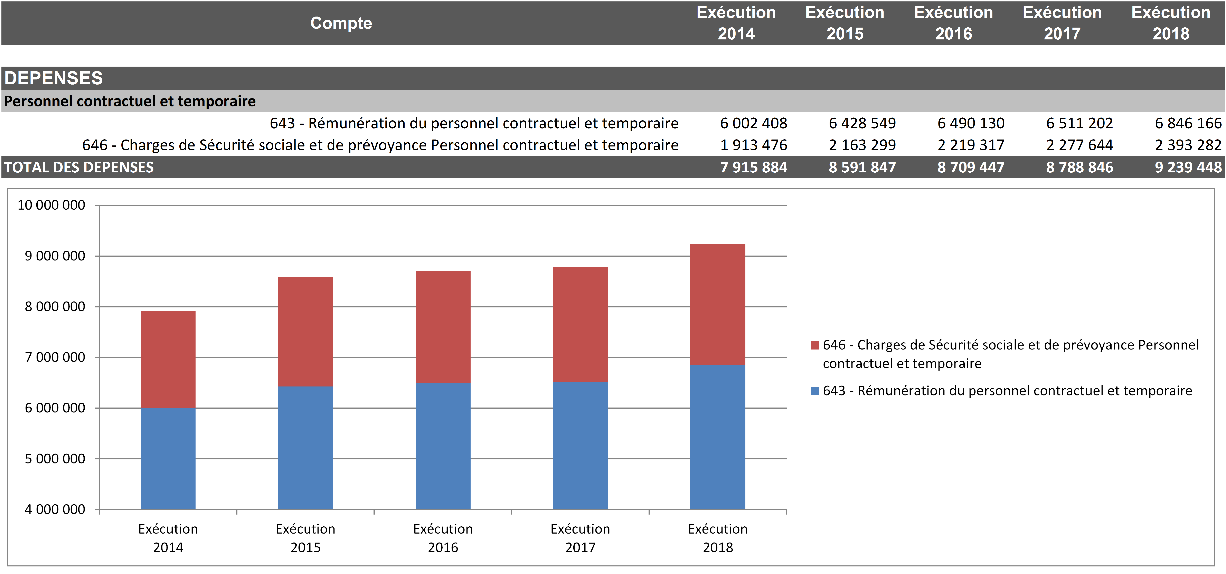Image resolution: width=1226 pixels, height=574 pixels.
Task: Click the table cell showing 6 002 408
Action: click(x=753, y=123)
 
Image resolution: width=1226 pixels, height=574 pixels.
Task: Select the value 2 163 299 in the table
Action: click(x=862, y=145)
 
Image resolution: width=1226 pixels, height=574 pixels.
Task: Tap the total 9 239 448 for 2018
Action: click(x=1188, y=168)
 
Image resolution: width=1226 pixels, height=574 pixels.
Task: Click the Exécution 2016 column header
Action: click(x=953, y=23)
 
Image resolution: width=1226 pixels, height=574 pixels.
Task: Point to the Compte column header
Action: click(x=341, y=23)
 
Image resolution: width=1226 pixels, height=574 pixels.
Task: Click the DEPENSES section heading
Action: click(x=53, y=78)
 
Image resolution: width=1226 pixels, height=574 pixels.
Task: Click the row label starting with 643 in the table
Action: click(x=474, y=123)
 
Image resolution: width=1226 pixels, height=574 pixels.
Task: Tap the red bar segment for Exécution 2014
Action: click(x=168, y=359)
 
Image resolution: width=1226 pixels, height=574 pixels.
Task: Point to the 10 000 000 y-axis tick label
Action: click(x=51, y=205)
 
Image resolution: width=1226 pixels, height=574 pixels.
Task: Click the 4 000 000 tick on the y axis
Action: click(x=55, y=509)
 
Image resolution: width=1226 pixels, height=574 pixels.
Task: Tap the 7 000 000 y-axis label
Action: click(x=55, y=357)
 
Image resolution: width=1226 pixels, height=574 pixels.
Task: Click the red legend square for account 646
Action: click(x=815, y=345)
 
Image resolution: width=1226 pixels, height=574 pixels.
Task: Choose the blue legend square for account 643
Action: click(x=815, y=391)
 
